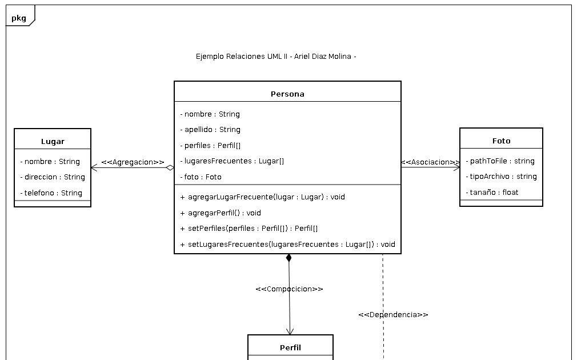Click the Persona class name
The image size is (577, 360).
(287, 94)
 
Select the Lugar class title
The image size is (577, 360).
(53, 141)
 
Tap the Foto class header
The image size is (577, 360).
(501, 141)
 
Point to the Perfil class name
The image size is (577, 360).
(290, 347)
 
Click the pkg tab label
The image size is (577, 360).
(19, 18)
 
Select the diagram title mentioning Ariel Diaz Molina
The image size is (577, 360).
(276, 57)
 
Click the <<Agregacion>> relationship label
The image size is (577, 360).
(133, 162)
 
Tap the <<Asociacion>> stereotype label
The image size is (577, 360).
(430, 162)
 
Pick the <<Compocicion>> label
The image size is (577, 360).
(290, 289)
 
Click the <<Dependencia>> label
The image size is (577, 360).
(393, 315)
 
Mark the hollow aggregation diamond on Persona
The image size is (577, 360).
(170, 168)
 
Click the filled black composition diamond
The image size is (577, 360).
(288, 258)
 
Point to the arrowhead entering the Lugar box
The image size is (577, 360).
(94, 168)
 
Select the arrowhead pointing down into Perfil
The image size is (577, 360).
(290, 331)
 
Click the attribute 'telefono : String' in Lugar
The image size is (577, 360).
(51, 193)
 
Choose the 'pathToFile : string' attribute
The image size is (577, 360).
(500, 161)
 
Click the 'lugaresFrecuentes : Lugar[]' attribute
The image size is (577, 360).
(232, 161)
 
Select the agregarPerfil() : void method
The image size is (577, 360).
(221, 213)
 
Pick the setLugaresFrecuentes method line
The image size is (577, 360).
(287, 244)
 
